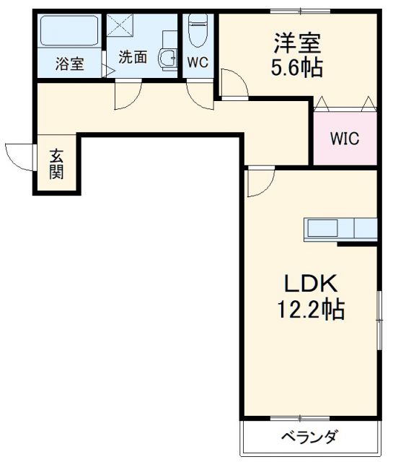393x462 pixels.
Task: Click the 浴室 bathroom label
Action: point(70,64)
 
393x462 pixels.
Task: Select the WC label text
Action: point(198,63)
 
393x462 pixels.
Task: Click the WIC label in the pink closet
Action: point(345,139)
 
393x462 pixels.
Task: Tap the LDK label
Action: point(310,284)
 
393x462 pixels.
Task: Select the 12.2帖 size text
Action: point(311,310)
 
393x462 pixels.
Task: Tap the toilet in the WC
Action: point(198,32)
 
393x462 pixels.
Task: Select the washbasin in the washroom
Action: point(168,58)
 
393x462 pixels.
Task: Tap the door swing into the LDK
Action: point(260,182)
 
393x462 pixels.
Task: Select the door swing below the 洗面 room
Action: point(128,94)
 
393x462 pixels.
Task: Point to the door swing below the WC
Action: point(200,93)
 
